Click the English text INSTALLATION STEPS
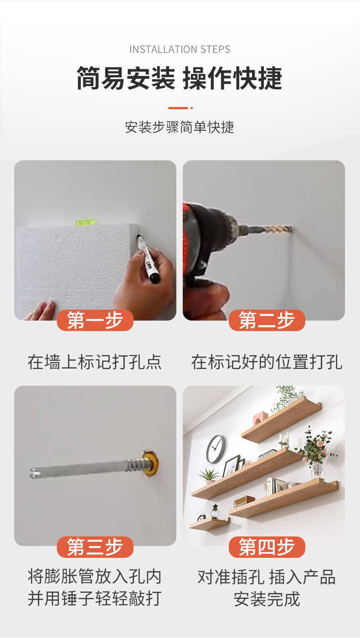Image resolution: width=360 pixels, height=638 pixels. point(180,49)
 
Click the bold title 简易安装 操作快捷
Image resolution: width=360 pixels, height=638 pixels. point(180,78)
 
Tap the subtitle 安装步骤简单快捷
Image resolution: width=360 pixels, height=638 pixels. point(180,127)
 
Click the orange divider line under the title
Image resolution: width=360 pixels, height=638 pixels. point(178,108)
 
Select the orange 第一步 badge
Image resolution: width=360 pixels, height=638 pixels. point(95,321)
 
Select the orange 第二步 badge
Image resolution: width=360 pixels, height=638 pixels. point(267,321)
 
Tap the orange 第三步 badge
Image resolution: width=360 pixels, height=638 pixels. point(95,547)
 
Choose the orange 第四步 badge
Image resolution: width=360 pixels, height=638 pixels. point(267,547)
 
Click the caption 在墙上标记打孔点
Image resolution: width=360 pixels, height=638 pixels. point(95,362)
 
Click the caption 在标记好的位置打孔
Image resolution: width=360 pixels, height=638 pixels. point(267,362)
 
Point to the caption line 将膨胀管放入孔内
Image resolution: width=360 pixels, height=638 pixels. point(95,577)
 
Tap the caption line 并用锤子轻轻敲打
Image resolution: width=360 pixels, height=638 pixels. point(95,598)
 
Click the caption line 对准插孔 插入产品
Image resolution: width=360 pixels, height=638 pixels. point(267,577)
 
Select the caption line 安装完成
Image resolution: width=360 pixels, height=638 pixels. point(267,598)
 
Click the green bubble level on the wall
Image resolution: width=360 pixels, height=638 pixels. point(85,223)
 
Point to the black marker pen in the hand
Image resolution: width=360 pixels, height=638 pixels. point(148,257)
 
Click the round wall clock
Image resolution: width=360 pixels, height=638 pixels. point(216,449)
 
